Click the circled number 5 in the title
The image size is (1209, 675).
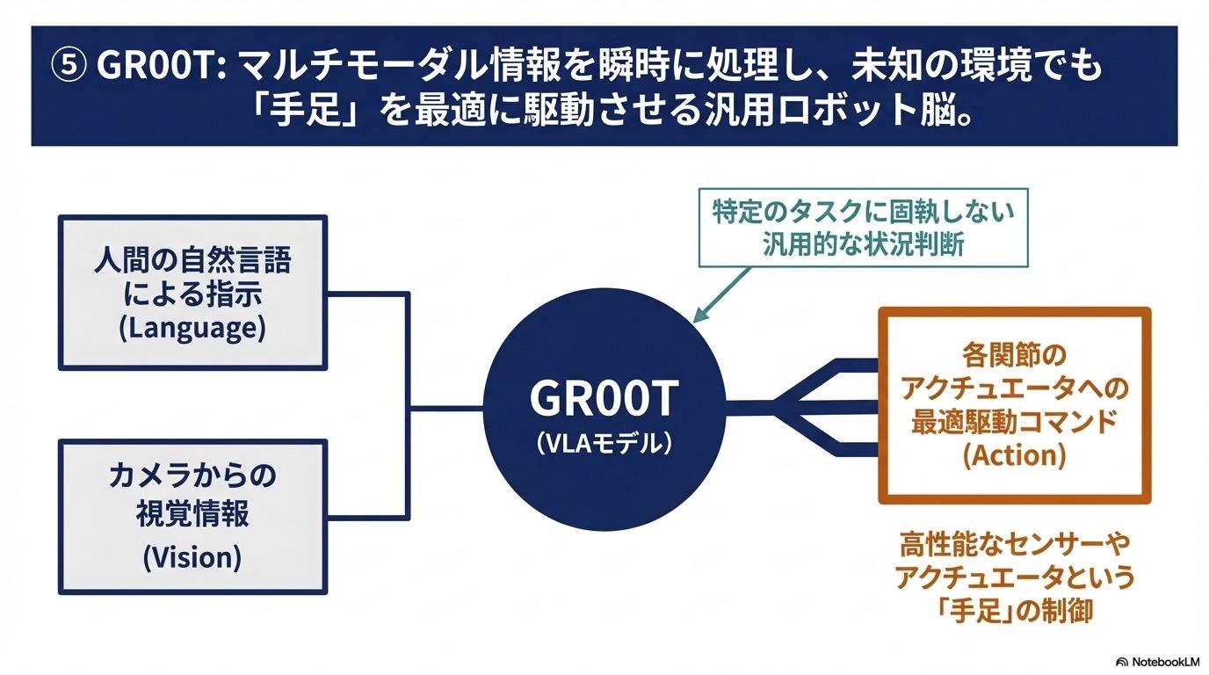(x=69, y=67)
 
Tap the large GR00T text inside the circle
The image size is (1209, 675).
(x=604, y=399)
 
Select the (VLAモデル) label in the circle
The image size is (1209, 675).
(x=604, y=443)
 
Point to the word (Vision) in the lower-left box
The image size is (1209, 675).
(x=192, y=557)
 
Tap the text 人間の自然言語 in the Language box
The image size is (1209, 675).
(x=192, y=261)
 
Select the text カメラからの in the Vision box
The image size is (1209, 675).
(x=192, y=476)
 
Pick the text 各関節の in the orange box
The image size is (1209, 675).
(x=1014, y=355)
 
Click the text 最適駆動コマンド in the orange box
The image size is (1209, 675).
(x=1014, y=421)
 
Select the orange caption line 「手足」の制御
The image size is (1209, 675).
(x=1014, y=610)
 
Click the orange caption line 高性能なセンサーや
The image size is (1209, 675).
(x=1014, y=545)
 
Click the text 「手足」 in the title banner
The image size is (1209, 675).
(x=307, y=114)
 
